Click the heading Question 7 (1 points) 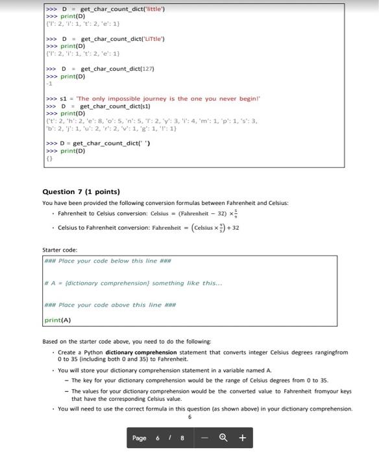click(81, 192)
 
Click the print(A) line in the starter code click(57, 320)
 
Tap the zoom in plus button click(242, 438)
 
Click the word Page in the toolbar click(140, 438)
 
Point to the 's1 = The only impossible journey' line click(152, 99)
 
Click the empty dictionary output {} click(49, 158)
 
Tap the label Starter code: click(60, 250)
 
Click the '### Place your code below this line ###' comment click(107, 261)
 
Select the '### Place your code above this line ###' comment click(108, 305)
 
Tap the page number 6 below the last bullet click(189, 417)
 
